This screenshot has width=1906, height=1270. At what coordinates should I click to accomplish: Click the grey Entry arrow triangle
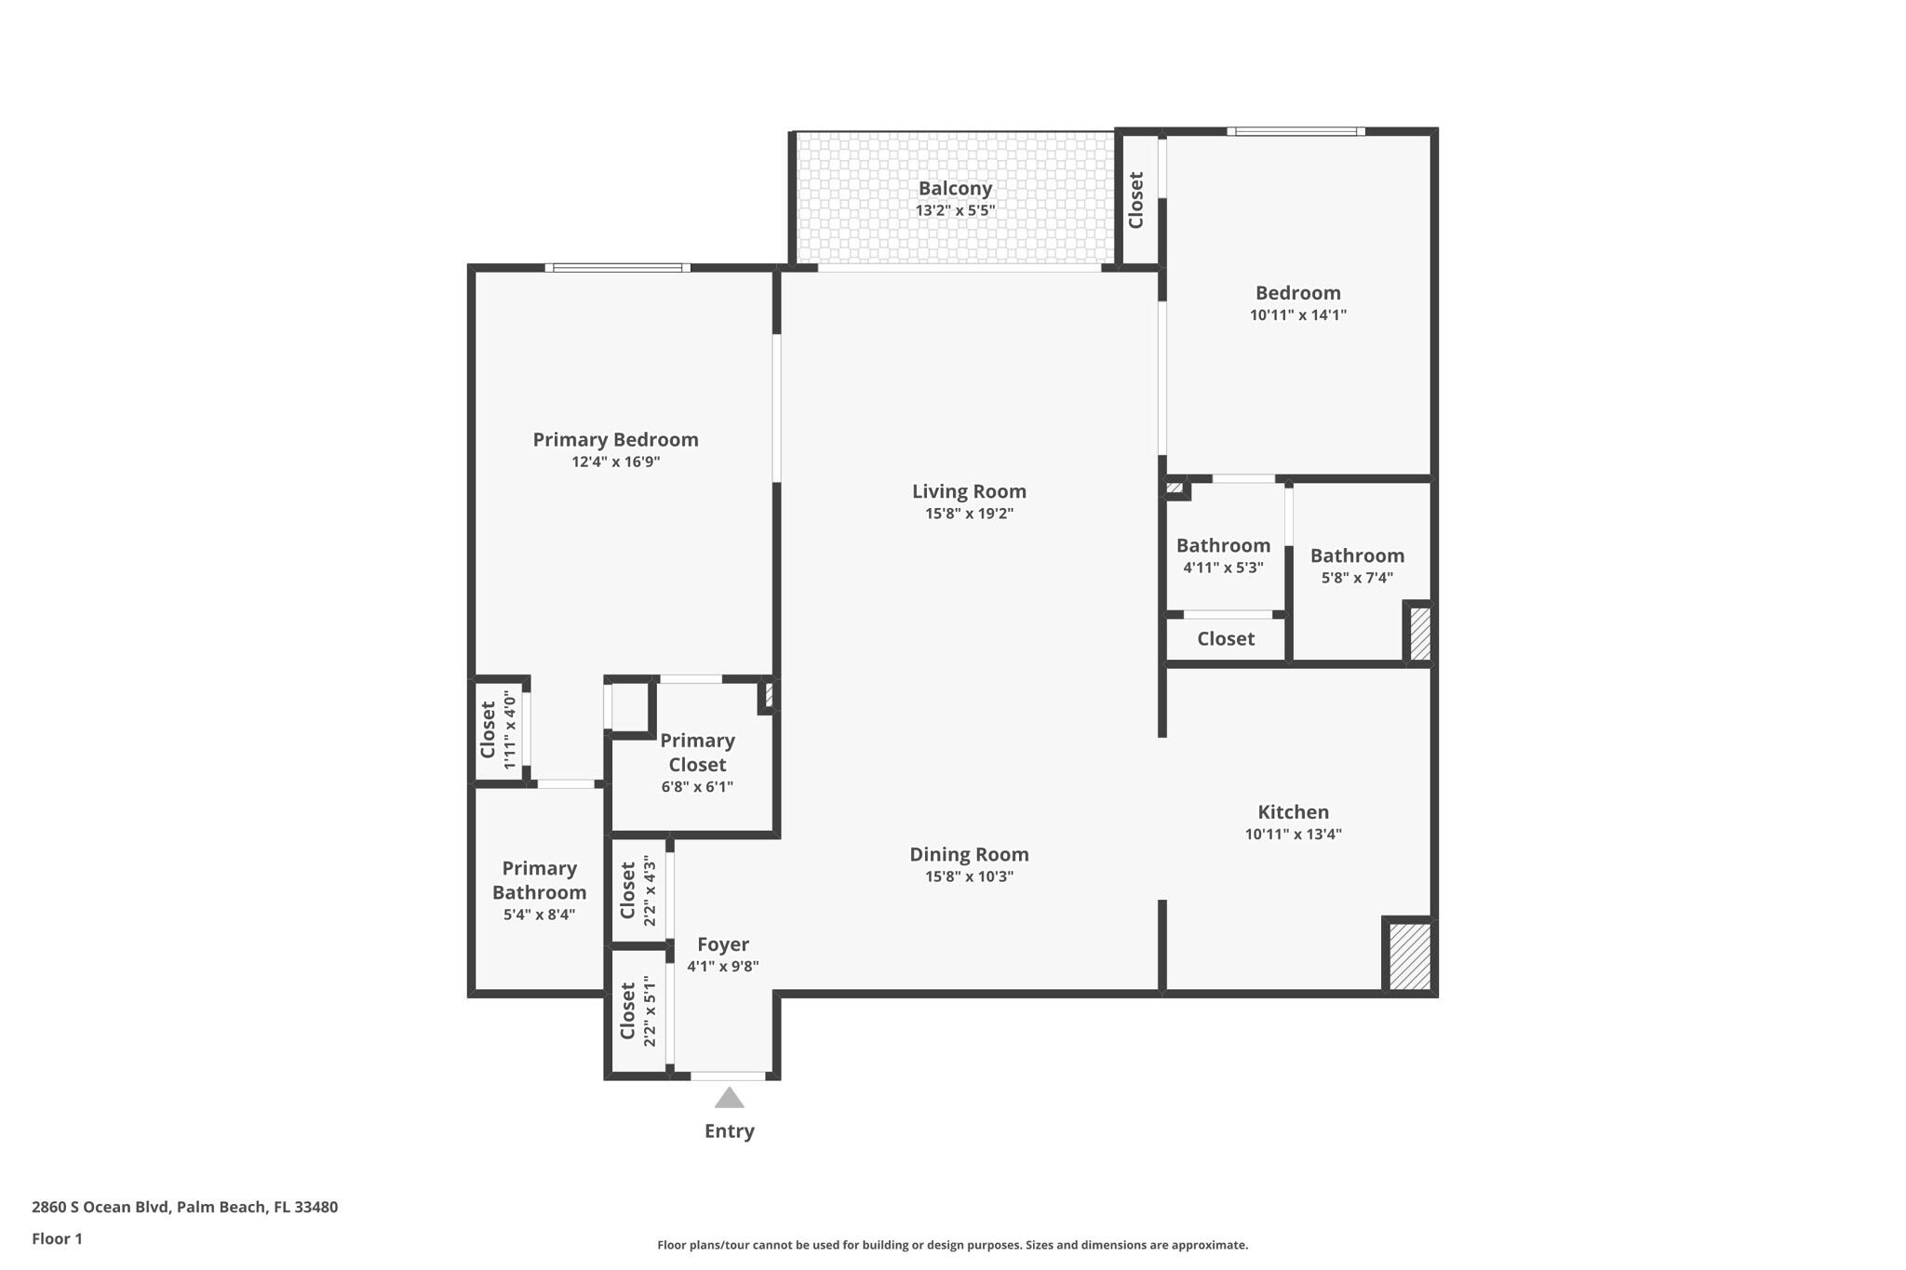click(729, 1099)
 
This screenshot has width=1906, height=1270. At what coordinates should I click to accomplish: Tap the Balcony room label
click(955, 189)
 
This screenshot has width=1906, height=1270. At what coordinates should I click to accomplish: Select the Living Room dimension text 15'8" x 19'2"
click(969, 514)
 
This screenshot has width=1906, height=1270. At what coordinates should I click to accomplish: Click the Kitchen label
click(1293, 812)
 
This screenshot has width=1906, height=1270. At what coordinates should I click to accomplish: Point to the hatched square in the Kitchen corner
click(1409, 956)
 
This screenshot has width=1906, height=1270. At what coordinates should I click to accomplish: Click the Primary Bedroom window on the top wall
click(617, 268)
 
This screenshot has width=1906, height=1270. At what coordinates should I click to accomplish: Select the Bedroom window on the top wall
click(1295, 131)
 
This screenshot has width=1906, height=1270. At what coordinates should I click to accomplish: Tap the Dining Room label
click(969, 854)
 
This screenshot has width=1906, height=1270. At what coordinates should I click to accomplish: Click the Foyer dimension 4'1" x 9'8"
click(723, 967)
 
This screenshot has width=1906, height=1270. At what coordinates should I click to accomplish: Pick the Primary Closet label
click(697, 753)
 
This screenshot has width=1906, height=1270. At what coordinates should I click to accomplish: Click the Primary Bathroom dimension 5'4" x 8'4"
click(539, 915)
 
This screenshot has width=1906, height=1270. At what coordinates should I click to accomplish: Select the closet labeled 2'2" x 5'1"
click(638, 1011)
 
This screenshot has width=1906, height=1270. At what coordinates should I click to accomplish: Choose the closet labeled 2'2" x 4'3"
click(638, 891)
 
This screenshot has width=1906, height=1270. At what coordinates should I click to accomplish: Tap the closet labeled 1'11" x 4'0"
click(497, 730)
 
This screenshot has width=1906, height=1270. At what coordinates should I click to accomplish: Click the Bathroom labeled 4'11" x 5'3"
click(1223, 555)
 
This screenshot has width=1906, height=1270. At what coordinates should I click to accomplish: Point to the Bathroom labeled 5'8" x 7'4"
click(1357, 566)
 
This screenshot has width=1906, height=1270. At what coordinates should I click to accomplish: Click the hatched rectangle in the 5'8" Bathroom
click(1419, 634)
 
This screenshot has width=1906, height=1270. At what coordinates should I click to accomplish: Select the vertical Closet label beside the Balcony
click(1135, 200)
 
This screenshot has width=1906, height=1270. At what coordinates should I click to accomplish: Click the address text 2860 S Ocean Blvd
click(184, 1207)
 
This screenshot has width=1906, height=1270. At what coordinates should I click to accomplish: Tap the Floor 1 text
click(57, 1238)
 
